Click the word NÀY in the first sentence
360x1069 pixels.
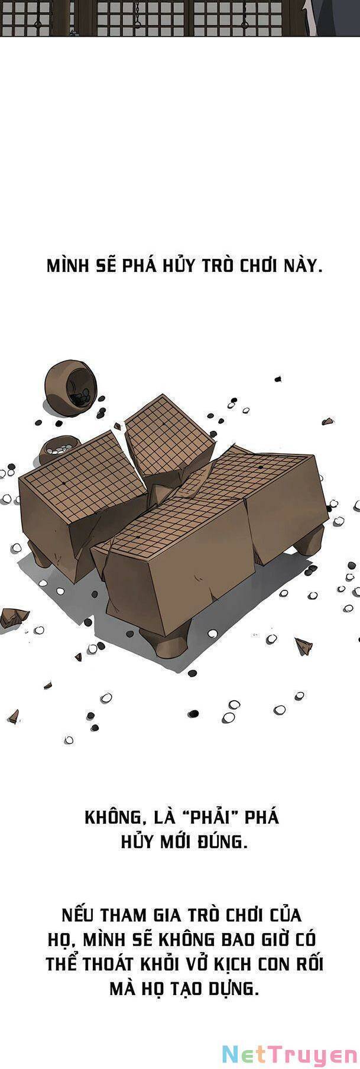pos(303,265)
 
